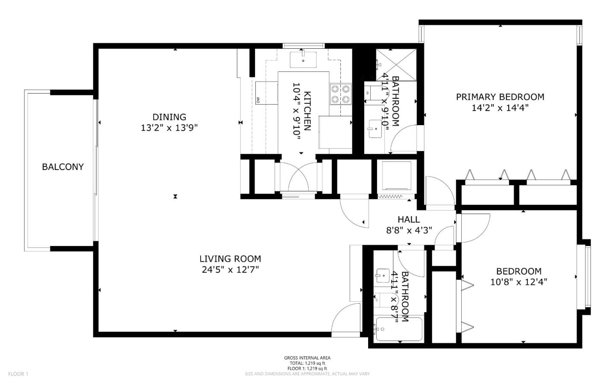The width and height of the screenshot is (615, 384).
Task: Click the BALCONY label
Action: (63, 167)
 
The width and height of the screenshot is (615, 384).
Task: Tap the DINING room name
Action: (170, 117)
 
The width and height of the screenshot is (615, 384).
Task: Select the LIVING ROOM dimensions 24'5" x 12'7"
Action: (230, 270)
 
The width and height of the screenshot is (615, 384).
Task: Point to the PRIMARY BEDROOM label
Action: (500, 97)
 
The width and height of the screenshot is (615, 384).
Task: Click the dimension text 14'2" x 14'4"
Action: (500, 108)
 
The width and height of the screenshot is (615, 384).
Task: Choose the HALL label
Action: (409, 220)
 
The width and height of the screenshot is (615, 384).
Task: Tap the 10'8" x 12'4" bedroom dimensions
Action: (519, 282)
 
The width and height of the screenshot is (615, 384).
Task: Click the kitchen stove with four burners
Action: (340, 94)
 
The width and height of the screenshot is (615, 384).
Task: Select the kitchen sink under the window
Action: (303, 59)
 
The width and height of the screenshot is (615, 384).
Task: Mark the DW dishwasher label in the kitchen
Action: (258, 100)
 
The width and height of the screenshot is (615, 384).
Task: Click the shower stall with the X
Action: (396, 64)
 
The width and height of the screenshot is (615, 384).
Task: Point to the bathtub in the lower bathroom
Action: (399, 329)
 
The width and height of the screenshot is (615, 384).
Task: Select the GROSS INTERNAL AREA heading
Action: (307, 358)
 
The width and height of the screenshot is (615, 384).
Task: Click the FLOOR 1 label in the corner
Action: (18, 374)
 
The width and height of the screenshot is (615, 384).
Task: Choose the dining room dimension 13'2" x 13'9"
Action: (170, 128)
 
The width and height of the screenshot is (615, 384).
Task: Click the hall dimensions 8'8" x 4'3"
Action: (409, 230)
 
